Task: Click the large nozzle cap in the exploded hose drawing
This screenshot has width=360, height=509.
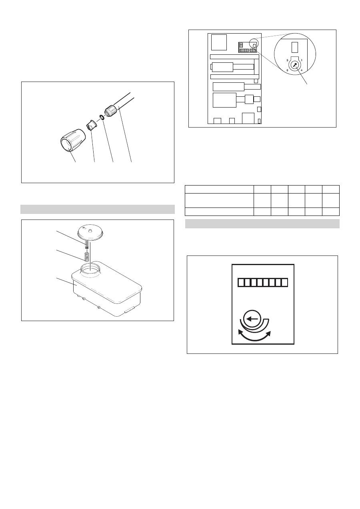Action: click(x=73, y=140)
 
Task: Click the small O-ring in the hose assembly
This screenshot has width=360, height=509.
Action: click(x=102, y=117)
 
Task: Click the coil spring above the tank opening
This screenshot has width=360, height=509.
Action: click(x=86, y=257)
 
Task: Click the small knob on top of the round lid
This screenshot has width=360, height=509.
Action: click(x=90, y=230)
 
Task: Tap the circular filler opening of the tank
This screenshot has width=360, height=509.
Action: click(x=90, y=269)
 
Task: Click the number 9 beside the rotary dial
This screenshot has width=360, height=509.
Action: click(x=287, y=60)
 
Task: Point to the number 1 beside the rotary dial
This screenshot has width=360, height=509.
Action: click(x=302, y=60)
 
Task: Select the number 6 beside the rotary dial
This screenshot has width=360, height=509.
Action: click(x=287, y=70)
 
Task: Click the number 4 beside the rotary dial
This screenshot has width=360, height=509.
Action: click(x=302, y=70)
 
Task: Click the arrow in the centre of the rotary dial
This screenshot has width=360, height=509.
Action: click(x=295, y=66)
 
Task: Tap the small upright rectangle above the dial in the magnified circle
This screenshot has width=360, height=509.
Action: click(x=294, y=47)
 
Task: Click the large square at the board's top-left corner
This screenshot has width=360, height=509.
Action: click(x=219, y=42)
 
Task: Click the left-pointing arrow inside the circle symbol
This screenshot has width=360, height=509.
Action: click(x=252, y=319)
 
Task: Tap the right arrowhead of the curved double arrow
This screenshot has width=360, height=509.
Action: click(x=268, y=333)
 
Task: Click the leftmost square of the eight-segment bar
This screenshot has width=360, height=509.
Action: click(x=241, y=282)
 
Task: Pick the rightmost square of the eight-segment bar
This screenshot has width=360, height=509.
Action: click(x=284, y=282)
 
